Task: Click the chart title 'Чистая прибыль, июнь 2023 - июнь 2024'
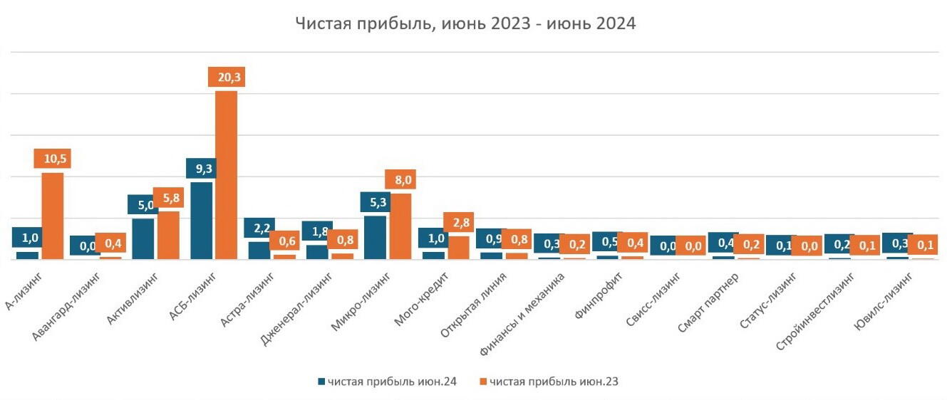tap(465, 23)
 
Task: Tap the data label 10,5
tap(52, 159)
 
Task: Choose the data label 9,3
tap(201, 169)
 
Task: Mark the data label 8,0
tap(400, 179)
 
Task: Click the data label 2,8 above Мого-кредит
tap(458, 223)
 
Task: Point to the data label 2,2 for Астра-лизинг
tap(259, 228)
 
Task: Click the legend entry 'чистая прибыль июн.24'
tap(388, 382)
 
